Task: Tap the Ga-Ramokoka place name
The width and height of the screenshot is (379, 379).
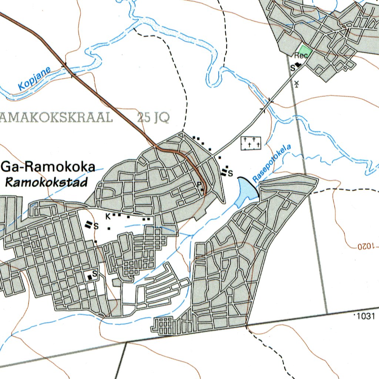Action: pos(48,167)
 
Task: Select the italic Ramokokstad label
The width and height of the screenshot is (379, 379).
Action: pos(46,182)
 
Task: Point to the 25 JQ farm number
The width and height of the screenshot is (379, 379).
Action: pos(153,117)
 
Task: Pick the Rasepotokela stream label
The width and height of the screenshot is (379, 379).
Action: pos(272,163)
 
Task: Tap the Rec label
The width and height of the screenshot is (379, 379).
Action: pos(301,56)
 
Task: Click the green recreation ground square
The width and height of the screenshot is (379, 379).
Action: pos(305,50)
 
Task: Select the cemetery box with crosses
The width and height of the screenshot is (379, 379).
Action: pos(251,143)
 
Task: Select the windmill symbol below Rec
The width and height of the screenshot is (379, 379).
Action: pos(296,84)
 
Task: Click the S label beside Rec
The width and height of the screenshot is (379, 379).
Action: pos(292,67)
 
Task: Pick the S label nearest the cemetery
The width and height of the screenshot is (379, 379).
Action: pos(230,173)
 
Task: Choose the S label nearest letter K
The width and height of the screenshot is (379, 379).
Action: pos(96,226)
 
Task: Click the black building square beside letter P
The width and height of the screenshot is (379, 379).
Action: pos(202,190)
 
